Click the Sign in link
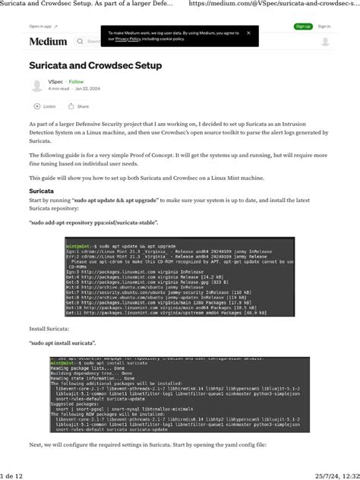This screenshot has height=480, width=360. [324, 27]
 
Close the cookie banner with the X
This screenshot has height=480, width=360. [248, 33]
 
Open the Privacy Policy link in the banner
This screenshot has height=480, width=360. [124, 38]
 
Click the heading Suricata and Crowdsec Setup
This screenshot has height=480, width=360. [96, 66]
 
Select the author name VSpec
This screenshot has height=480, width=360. [55, 81]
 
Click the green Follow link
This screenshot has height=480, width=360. [77, 81]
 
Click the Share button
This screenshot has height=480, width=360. [78, 106]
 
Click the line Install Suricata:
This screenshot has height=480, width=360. [49, 329]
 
